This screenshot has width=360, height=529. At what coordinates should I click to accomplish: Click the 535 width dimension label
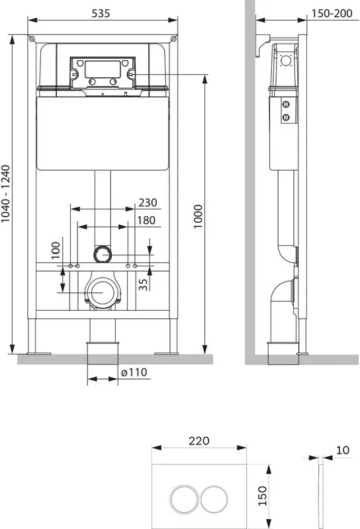[x=101, y=13]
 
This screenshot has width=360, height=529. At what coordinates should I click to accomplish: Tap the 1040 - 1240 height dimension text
[x=6, y=194]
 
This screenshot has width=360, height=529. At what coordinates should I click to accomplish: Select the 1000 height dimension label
[x=198, y=216]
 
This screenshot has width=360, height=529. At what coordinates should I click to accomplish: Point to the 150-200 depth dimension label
[x=332, y=13]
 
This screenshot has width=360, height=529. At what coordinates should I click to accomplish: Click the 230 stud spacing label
[x=148, y=202]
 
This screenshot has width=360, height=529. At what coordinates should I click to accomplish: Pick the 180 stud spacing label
[x=146, y=220]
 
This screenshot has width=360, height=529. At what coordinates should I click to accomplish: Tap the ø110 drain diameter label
[x=134, y=372]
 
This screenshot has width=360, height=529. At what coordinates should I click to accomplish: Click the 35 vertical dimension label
[x=144, y=284]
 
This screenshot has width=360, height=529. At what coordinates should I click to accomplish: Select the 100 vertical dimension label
[x=56, y=251]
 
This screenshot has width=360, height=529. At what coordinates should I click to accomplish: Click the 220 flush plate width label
[x=199, y=440]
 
